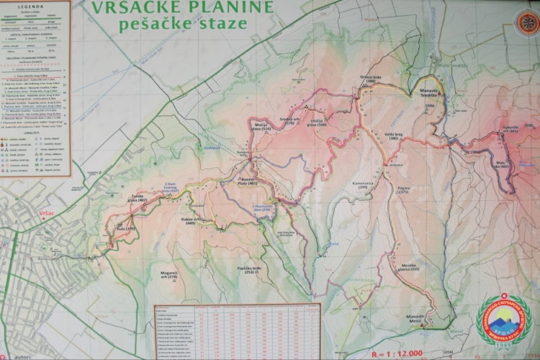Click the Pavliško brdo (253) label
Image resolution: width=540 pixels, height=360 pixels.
pos(249,270)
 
